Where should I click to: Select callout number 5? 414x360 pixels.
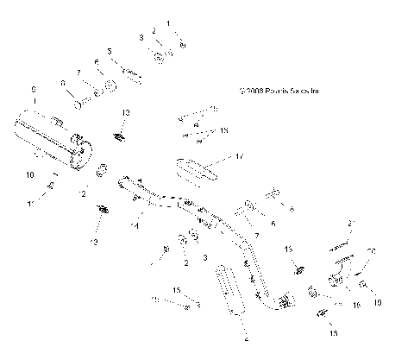(x=110, y=52)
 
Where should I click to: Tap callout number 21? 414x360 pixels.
(x=351, y=224)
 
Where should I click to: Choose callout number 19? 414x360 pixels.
(x=358, y=305)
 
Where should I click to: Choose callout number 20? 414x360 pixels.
(x=372, y=251)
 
